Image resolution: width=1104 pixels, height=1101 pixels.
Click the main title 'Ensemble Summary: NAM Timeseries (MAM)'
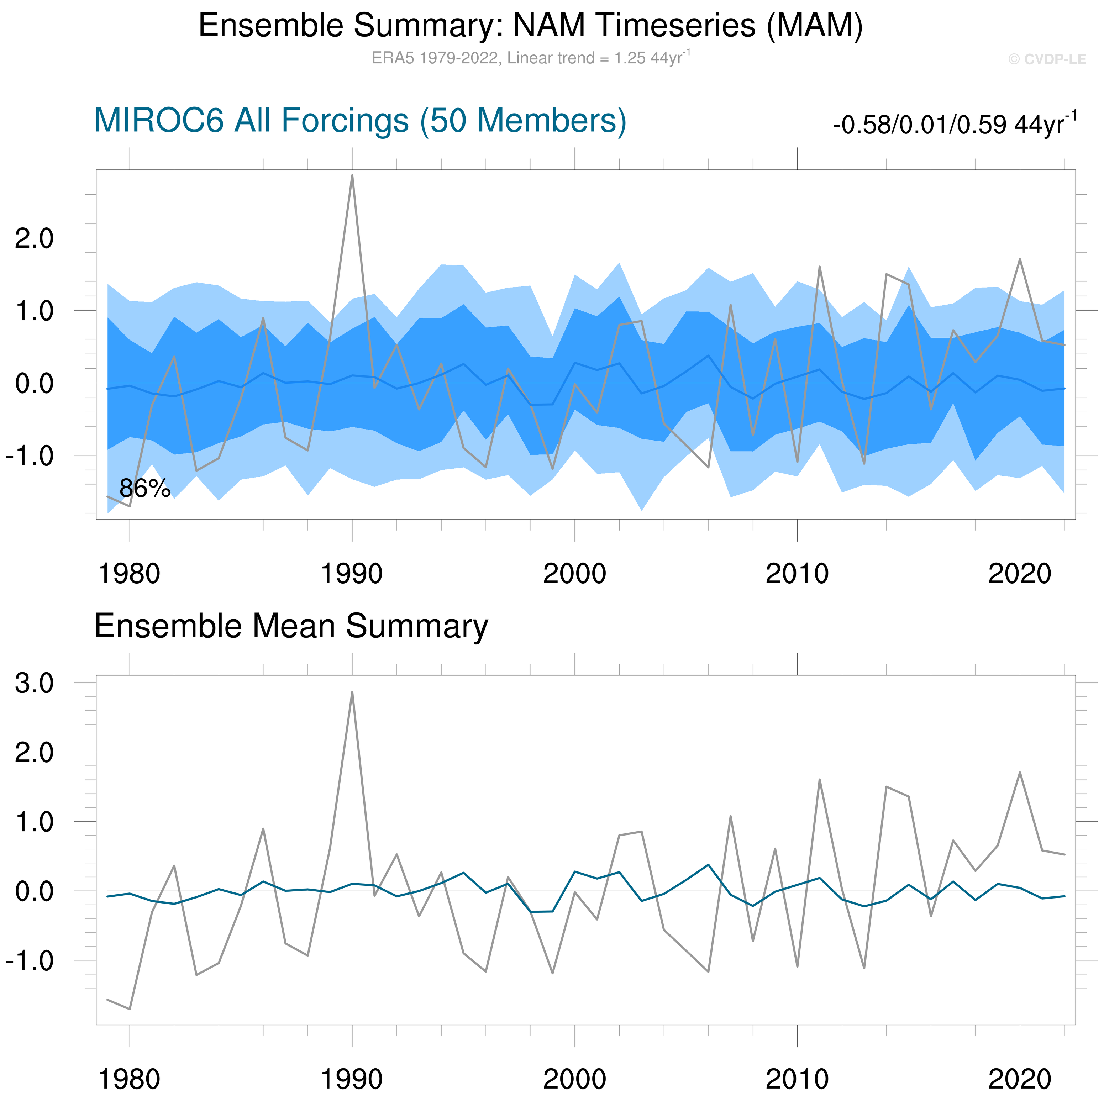point(530,26)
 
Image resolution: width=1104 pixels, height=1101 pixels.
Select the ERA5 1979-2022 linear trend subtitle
point(530,58)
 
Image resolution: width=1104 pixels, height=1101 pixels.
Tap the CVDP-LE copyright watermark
point(1047,59)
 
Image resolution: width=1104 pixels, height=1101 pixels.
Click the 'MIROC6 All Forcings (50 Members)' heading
point(360,121)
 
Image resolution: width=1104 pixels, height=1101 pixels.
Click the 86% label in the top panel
point(144,489)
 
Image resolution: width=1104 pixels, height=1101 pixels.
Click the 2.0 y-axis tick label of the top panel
point(34,238)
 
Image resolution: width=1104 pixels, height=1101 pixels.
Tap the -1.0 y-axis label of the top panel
point(30,456)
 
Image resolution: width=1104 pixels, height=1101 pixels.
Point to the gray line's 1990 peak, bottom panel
point(352,692)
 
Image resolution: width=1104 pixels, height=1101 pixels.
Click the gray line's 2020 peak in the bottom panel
point(1020,773)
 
